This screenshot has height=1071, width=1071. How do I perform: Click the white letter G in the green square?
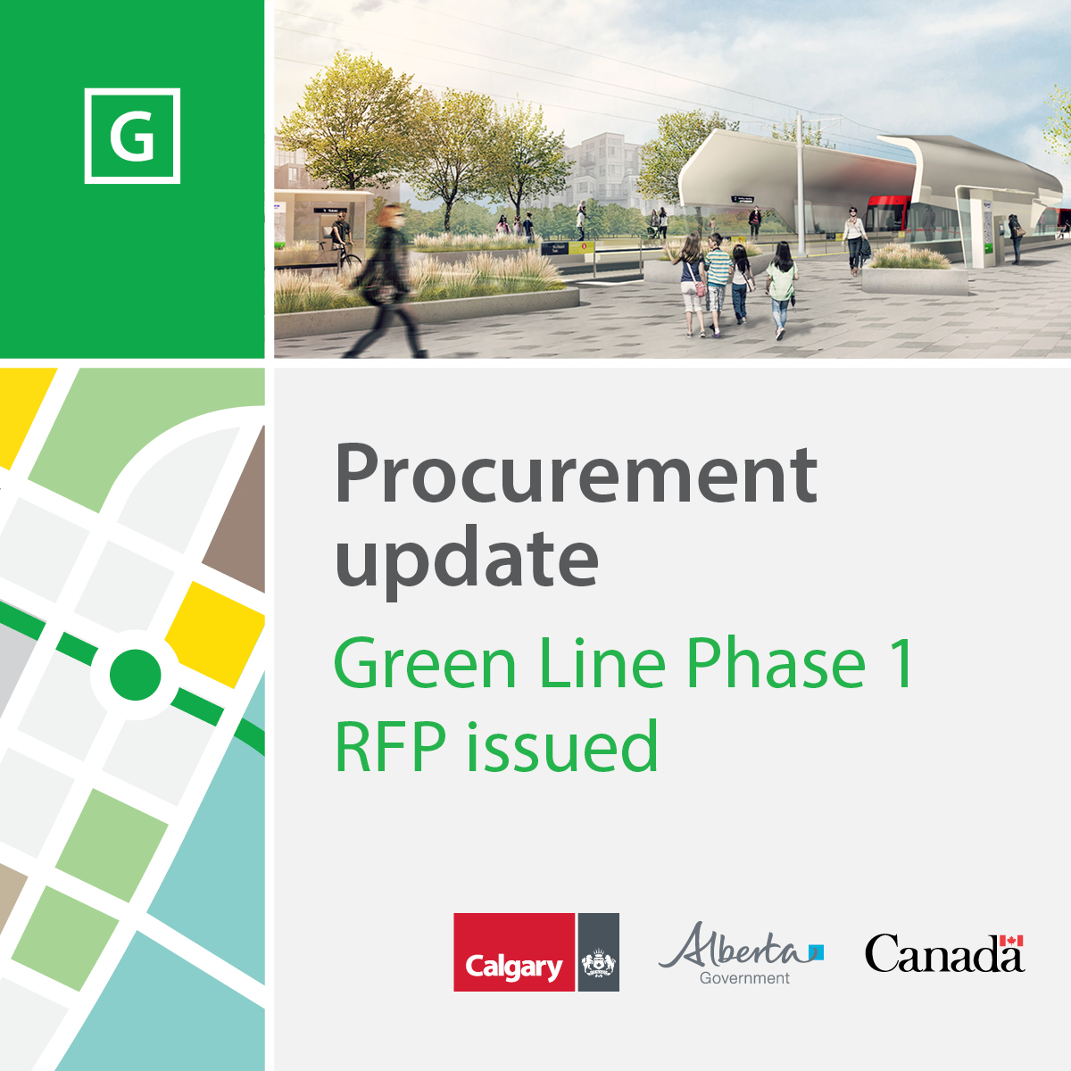(132, 136)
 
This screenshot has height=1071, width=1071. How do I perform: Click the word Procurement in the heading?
(577, 474)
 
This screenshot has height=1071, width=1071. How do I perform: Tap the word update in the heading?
(466, 562)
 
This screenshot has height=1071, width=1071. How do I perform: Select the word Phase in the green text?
(776, 662)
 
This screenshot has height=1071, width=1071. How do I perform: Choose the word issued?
(562, 744)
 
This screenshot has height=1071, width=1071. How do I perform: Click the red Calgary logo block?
(513, 951)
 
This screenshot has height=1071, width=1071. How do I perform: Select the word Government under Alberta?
(744, 978)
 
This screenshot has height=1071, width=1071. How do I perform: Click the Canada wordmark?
(944, 953)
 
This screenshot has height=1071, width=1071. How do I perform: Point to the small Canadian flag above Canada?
(1011, 940)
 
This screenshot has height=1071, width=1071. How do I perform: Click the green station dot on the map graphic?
(135, 674)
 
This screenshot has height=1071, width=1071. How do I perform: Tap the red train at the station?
(889, 216)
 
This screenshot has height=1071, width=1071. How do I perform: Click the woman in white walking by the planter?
(854, 241)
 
